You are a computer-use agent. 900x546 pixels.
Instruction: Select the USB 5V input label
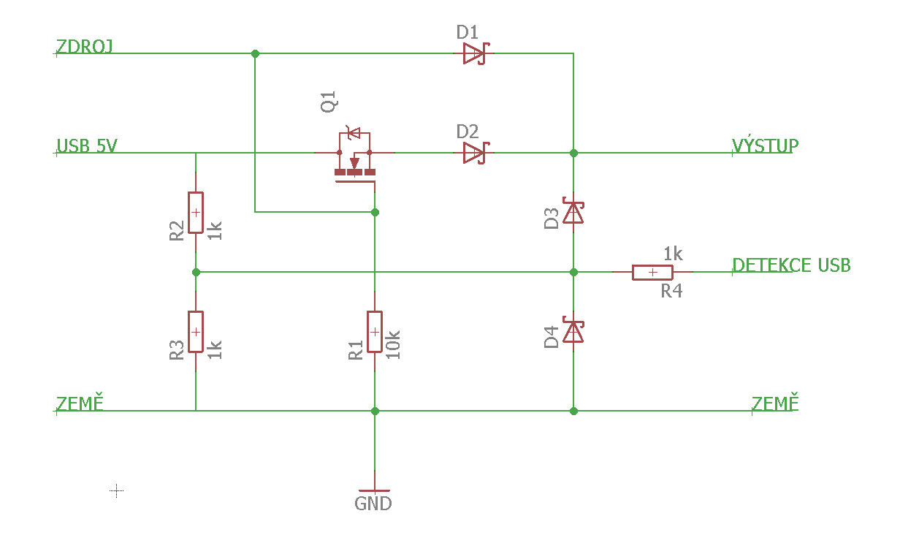pyautogui.click(x=86, y=145)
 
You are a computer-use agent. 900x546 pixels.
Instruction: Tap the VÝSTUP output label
pyautogui.click(x=765, y=145)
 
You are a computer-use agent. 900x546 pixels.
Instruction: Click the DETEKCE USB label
pyautogui.click(x=791, y=265)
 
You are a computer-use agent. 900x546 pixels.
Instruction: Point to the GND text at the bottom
pyautogui.click(x=373, y=504)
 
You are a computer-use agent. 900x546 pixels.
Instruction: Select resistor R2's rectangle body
pyautogui.click(x=195, y=213)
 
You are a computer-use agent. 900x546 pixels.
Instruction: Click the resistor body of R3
pyautogui.click(x=195, y=331)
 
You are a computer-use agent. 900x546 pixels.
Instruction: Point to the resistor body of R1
pyautogui.click(x=374, y=331)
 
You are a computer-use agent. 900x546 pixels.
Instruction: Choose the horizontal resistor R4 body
pyautogui.click(x=652, y=273)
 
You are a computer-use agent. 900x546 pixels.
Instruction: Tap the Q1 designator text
pyautogui.click(x=329, y=102)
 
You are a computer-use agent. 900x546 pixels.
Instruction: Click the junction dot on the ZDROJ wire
pyautogui.click(x=255, y=54)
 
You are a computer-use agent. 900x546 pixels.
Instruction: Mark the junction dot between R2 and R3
pyautogui.click(x=196, y=272)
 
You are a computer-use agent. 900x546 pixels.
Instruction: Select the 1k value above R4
pyautogui.click(x=673, y=254)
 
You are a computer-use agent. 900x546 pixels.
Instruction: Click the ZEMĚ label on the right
pyautogui.click(x=775, y=403)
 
